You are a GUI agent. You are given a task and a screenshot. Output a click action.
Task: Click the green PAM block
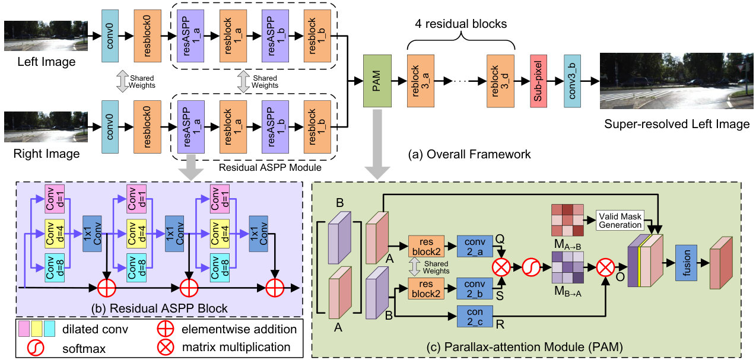pyautogui.click(x=377, y=81)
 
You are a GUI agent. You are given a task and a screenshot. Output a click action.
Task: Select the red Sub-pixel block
pyautogui.click(x=538, y=81)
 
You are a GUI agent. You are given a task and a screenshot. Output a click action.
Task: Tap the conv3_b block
pyautogui.click(x=572, y=81)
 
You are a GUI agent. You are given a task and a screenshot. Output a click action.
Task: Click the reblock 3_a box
pyautogui.click(x=421, y=81)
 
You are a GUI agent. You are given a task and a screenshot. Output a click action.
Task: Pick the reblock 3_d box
pyautogui.click(x=500, y=81)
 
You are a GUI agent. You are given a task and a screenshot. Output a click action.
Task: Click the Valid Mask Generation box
pyautogui.click(x=620, y=220)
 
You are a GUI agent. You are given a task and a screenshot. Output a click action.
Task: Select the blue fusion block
pyautogui.click(x=686, y=263)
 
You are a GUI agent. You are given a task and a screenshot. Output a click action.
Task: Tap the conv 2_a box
pyautogui.click(x=475, y=247)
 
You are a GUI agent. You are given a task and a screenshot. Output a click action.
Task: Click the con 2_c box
pyautogui.click(x=475, y=317)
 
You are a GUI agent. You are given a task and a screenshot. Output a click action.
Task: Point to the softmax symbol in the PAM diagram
pyautogui.click(x=531, y=267)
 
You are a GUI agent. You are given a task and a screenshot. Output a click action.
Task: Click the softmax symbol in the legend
pyautogui.click(x=36, y=348)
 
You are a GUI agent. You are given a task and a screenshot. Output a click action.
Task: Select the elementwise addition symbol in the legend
pyautogui.click(x=166, y=329)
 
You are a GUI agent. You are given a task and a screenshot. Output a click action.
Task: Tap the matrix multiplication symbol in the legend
pyautogui.click(x=166, y=347)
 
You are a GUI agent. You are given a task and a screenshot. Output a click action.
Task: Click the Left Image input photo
pyautogui.click(x=46, y=36)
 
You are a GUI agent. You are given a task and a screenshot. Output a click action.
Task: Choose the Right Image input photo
pyautogui.click(x=46, y=127)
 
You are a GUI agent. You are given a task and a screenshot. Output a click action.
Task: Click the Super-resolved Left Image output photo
pyautogui.click(x=676, y=81)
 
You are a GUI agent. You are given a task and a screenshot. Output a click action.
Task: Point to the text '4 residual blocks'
pyautogui.click(x=460, y=24)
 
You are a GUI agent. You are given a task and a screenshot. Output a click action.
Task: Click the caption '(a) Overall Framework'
pyautogui.click(x=469, y=154)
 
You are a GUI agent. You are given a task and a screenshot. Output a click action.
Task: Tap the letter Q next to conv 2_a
pyautogui.click(x=500, y=239)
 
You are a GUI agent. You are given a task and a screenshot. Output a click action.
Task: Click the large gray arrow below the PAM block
pyautogui.click(x=377, y=144)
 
